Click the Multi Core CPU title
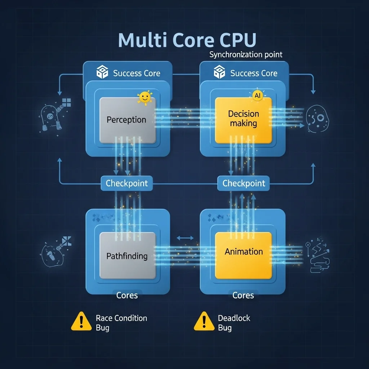click(187, 40)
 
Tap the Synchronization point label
click(246, 55)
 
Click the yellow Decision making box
click(243, 120)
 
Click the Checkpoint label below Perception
click(126, 183)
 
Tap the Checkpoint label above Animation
click(244, 183)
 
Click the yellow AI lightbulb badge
click(257, 96)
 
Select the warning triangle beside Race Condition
click(81, 321)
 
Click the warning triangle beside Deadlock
click(204, 321)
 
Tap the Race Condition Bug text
click(121, 323)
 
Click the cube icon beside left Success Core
click(102, 72)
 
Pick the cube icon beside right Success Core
click(219, 72)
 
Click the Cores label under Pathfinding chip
click(127, 295)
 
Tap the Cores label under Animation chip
click(243, 295)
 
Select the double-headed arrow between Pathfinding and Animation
click(185, 238)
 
